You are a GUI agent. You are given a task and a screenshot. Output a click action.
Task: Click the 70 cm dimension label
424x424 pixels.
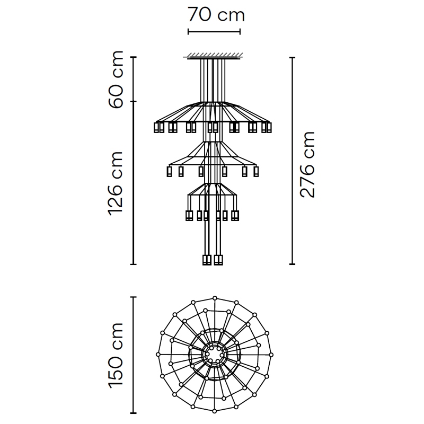[216, 15]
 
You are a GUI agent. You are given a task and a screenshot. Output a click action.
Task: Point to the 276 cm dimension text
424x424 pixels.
[307, 164]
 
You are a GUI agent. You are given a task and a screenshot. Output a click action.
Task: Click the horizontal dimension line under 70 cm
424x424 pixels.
[214, 32]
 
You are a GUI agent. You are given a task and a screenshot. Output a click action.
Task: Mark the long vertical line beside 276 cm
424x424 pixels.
[292, 161]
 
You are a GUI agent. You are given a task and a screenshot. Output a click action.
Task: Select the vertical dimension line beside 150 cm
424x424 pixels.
[133, 355]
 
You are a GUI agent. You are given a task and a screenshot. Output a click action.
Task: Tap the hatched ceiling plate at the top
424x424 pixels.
[214, 56]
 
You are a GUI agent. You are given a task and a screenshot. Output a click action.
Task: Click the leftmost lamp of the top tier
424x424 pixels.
[156, 127]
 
